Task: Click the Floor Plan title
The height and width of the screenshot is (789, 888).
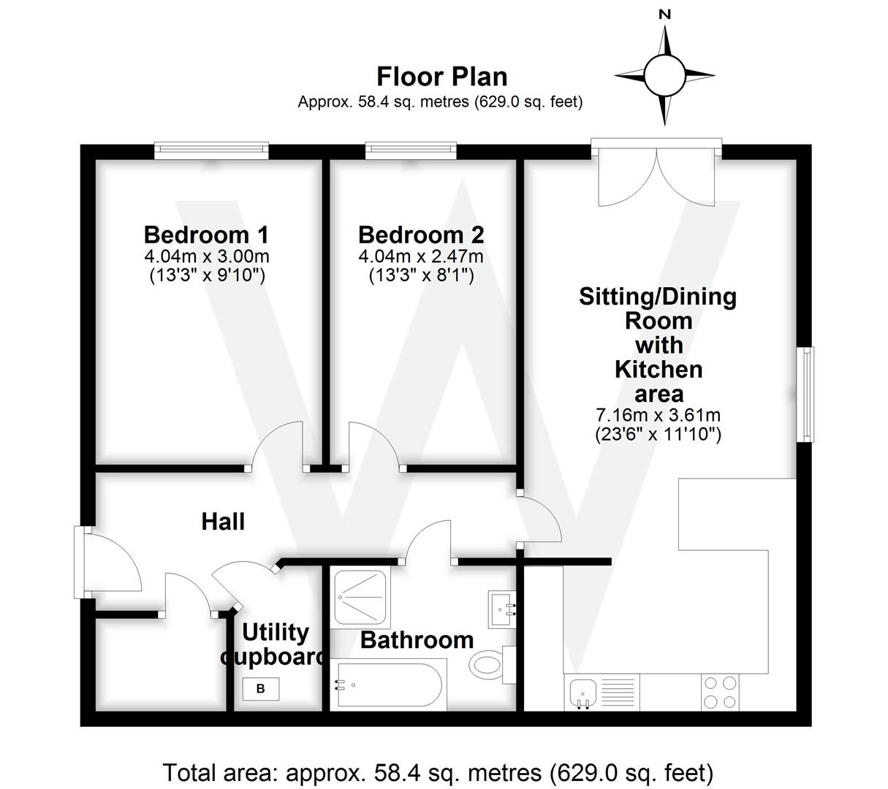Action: point(441,76)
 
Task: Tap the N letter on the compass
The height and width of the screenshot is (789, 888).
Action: point(664,14)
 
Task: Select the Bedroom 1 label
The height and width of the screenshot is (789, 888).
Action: point(206,235)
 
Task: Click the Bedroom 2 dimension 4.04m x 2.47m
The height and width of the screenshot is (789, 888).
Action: point(420,256)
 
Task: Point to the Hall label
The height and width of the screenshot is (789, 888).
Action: point(223,522)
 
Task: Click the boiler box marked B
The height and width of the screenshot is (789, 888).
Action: point(261,688)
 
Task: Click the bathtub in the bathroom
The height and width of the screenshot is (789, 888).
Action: point(387,685)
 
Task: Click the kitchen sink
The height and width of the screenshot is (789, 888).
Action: point(582,691)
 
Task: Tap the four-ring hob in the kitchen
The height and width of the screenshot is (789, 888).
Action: point(718,692)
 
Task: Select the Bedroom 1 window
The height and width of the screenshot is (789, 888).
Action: point(211,151)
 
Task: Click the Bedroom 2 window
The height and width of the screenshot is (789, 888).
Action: point(411,151)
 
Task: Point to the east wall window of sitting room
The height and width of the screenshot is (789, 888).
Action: point(806,394)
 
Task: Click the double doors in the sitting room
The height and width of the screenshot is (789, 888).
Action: point(656,175)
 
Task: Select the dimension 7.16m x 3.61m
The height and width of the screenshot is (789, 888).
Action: point(658,416)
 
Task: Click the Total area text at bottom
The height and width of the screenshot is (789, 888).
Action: point(437,771)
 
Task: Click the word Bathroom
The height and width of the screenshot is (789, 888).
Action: point(417,640)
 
